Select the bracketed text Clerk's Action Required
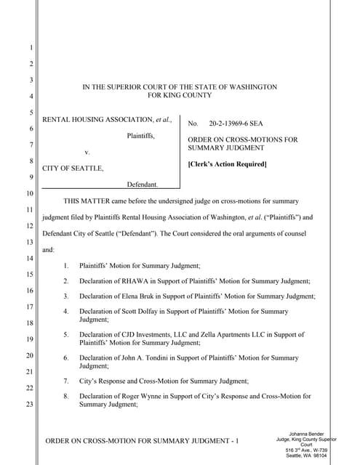pos(227,163)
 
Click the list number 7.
pos(65,381)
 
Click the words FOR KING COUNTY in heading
pos(180,95)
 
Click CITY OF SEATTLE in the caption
pos(73,169)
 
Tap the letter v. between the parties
pos(87,153)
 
